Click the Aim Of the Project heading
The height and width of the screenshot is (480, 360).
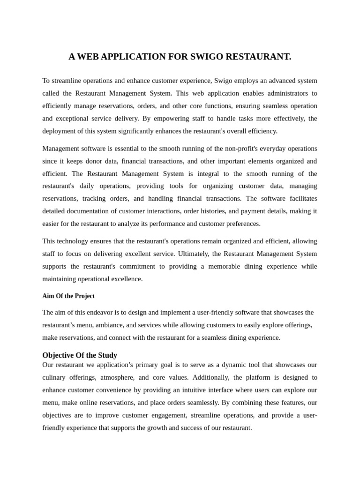click(68, 296)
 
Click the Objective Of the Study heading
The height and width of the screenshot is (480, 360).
click(80, 355)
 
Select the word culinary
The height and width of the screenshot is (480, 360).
click(55, 377)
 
